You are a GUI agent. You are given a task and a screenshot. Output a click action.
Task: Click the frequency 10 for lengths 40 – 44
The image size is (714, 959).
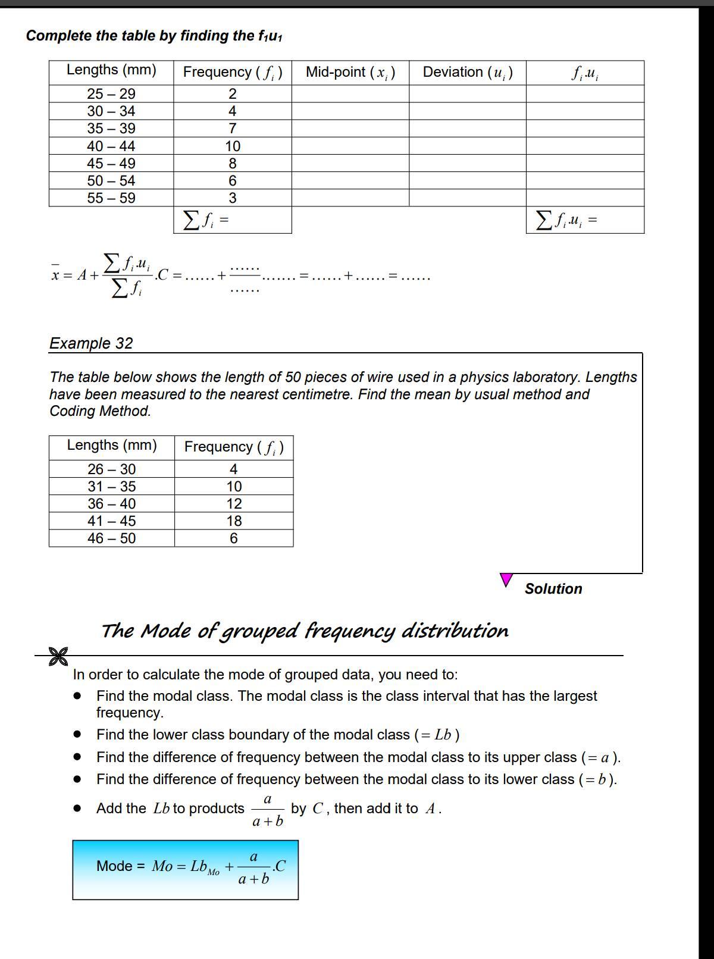233,146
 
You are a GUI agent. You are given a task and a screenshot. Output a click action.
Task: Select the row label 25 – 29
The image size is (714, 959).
111,93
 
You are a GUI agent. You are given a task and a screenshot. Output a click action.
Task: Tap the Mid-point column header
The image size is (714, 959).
350,73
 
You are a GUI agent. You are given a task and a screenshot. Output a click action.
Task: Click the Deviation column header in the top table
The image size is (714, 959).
468,73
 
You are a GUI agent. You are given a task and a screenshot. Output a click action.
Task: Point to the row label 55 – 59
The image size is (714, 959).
111,198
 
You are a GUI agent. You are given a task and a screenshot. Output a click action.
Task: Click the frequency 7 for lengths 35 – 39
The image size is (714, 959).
233,129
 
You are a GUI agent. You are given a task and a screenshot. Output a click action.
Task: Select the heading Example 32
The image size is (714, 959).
91,343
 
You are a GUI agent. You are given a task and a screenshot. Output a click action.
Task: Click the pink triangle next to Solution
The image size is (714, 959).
506,579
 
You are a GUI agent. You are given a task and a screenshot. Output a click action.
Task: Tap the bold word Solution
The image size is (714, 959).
553,589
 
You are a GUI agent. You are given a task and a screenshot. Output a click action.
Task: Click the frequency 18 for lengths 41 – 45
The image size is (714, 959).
234,521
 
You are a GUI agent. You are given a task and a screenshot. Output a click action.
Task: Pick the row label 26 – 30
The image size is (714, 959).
112,469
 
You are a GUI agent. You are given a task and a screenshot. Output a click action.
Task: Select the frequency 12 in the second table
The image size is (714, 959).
234,504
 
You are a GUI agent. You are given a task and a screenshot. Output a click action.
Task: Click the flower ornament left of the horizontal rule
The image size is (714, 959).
58,657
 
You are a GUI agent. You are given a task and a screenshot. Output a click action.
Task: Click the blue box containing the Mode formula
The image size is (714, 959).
185,870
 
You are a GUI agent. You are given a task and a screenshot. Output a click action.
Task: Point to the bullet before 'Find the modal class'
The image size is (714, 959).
77,695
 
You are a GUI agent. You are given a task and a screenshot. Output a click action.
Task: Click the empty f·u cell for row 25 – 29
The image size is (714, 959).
585,93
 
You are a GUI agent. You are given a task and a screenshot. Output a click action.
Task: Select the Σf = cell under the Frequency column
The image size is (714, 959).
232,220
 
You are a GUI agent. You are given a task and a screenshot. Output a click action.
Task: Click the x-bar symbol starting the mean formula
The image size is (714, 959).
55,275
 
